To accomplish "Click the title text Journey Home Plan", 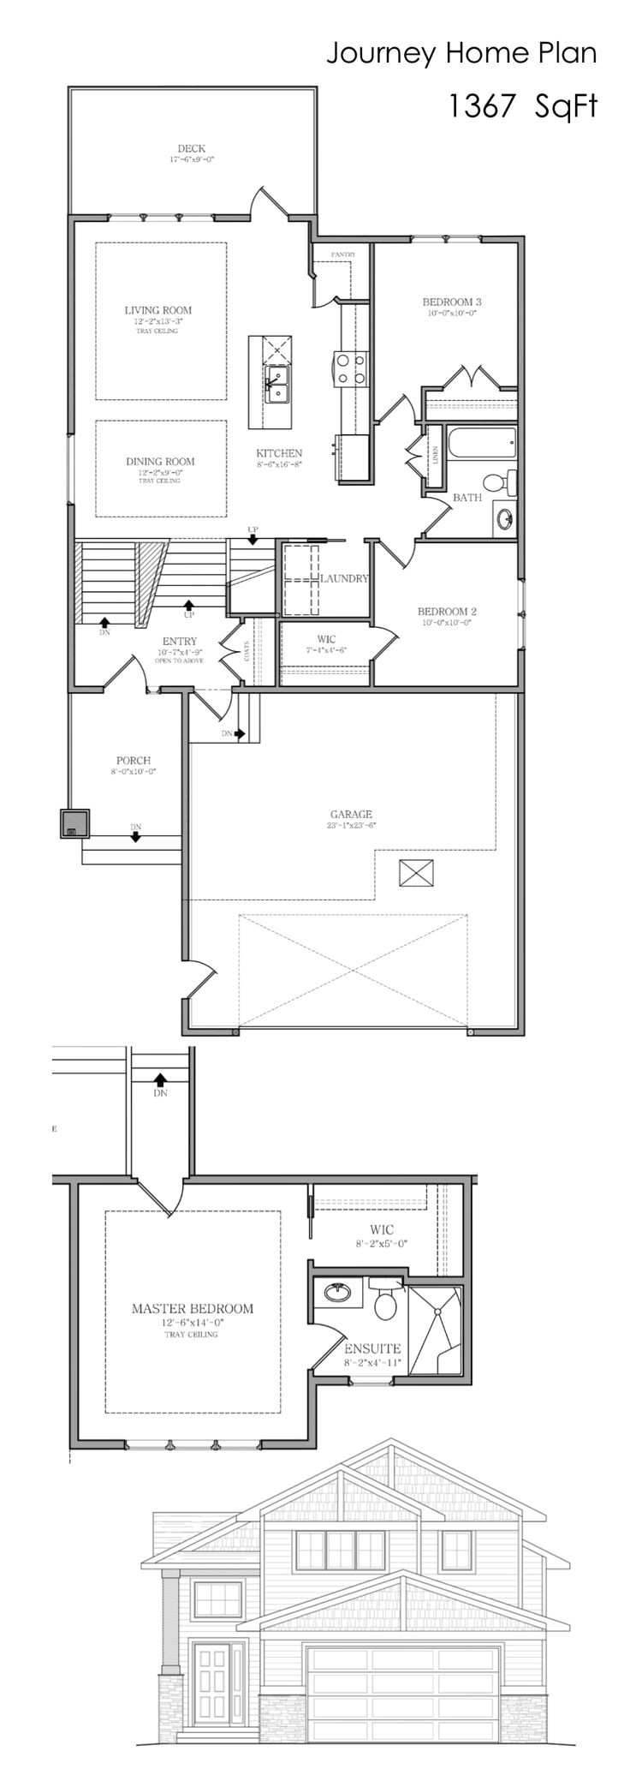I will pos(461,53).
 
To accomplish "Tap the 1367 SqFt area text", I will pos(522,106).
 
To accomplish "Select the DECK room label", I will pos(191,149).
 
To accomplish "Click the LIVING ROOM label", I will pos(158,310).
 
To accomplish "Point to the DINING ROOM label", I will pos(160,461).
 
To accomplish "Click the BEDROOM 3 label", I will pos(451,302).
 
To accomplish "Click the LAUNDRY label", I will pos(344,578).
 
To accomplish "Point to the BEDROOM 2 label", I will pos(446,612).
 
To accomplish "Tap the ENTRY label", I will pos(180,641).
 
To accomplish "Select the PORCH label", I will pos(134,760).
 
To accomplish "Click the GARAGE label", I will pos(351,814).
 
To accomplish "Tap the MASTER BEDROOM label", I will pos(192,1308).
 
